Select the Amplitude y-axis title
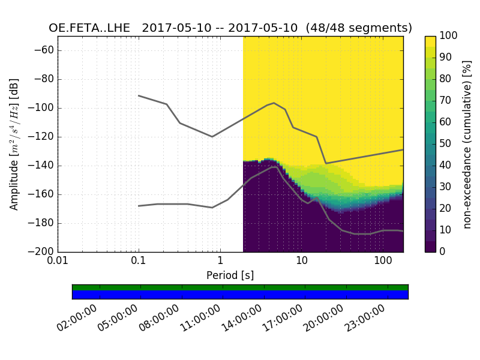pos(14,144)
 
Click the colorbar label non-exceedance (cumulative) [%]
pos(468,144)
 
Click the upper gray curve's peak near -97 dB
pos(274,103)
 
